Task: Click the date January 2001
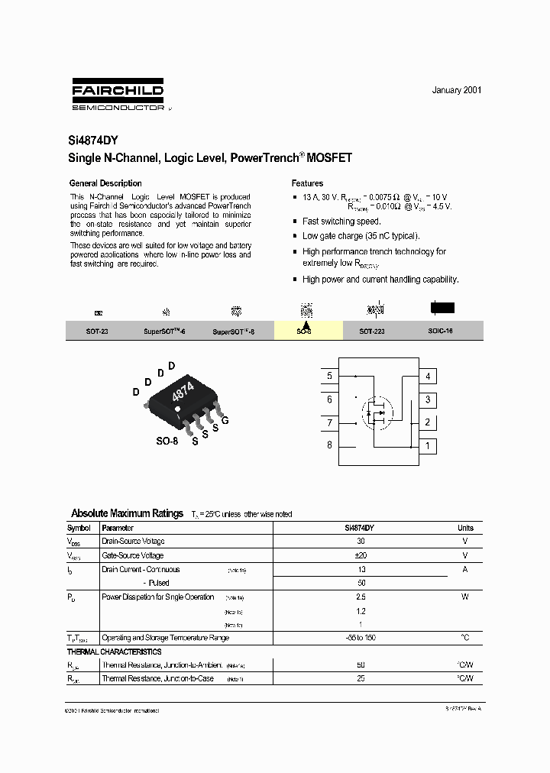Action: [x=457, y=90]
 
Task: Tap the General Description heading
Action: [x=105, y=183]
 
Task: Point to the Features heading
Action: [x=307, y=183]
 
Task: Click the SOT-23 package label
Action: [x=97, y=332]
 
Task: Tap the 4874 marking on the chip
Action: [x=183, y=393]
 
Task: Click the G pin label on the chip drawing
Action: [x=225, y=421]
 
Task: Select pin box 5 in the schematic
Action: [x=329, y=376]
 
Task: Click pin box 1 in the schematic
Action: [x=428, y=446]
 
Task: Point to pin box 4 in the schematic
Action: [x=428, y=376]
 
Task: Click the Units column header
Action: [x=465, y=528]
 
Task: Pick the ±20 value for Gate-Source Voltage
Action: [x=361, y=555]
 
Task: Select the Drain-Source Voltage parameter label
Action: [x=133, y=542]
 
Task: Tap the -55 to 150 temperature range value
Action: [x=361, y=638]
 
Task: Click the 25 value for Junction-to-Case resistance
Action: [x=361, y=678]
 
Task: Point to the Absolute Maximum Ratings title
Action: [x=127, y=513]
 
